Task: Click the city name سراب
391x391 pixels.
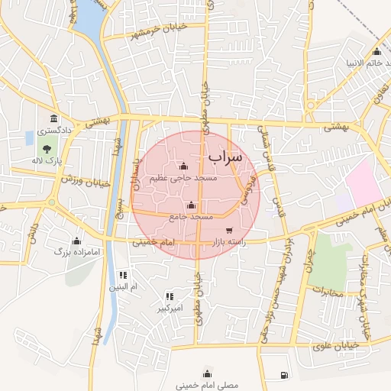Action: pyautogui.click(x=224, y=157)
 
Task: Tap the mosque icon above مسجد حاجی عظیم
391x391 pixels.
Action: pyautogui.click(x=183, y=167)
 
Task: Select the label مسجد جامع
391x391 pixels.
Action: pyautogui.click(x=191, y=217)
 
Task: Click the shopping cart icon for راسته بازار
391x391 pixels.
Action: pyautogui.click(x=229, y=231)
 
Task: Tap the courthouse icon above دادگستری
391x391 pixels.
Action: pyautogui.click(x=53, y=119)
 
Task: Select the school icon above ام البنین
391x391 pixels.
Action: pyautogui.click(x=122, y=275)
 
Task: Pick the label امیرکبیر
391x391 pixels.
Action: pyautogui.click(x=169, y=309)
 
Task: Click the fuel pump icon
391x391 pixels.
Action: pyautogui.click(x=285, y=375)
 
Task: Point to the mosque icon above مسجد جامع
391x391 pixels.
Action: pyautogui.click(x=191, y=205)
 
